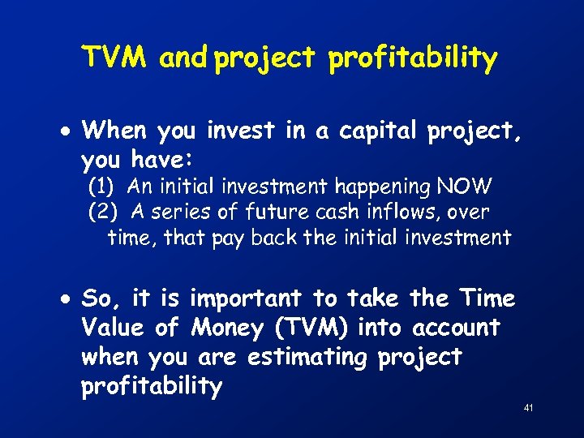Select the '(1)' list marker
tap(102, 187)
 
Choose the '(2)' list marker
tap(102, 212)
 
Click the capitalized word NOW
tap(463, 187)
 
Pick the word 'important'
tap(245, 300)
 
